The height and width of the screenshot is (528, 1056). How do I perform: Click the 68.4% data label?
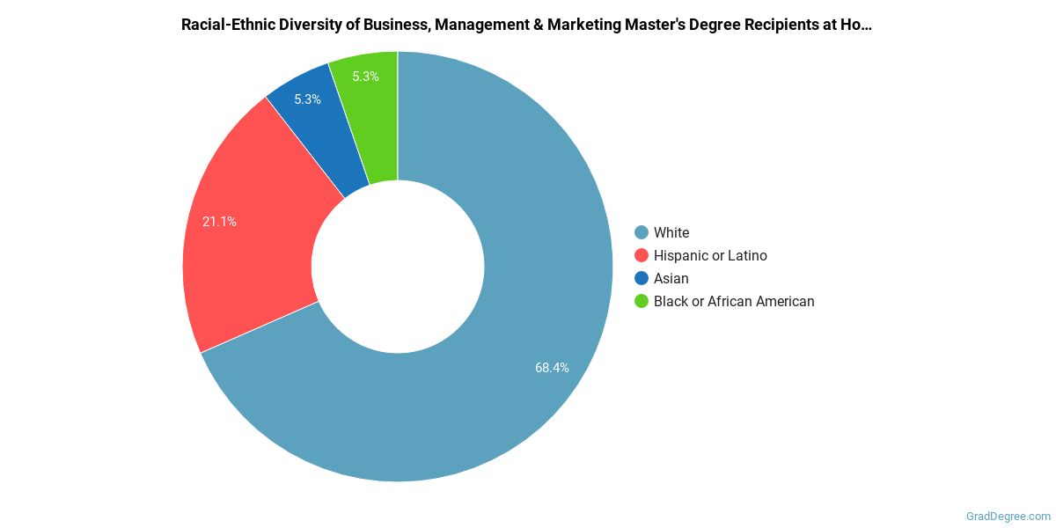[552, 368]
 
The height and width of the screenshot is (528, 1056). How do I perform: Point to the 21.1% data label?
[219, 222]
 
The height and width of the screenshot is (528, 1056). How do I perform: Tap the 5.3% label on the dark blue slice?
[307, 99]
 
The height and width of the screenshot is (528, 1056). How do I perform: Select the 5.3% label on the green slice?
[365, 77]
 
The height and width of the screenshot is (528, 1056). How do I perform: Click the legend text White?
[671, 232]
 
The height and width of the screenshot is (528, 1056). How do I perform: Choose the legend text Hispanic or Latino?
[710, 255]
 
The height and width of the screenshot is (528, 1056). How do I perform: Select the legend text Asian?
[671, 278]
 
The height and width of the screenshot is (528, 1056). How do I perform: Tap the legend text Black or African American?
[734, 301]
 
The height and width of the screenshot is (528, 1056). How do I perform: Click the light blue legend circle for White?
[642, 232]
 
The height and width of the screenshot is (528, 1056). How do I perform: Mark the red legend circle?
[642, 255]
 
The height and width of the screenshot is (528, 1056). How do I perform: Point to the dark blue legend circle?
[642, 278]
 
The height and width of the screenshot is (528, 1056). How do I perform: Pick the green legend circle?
[642, 301]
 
